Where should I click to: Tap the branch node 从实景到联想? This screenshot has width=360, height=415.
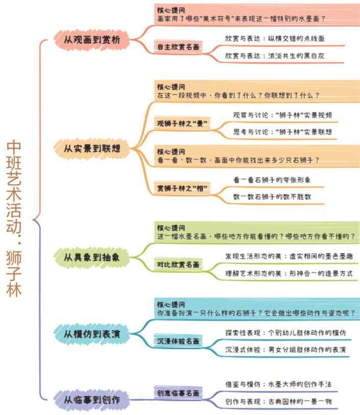click(92, 149)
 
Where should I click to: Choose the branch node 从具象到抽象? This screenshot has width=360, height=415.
click(92, 258)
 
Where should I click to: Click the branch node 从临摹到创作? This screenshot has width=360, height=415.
click(92, 399)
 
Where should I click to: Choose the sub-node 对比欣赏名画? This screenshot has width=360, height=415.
click(178, 265)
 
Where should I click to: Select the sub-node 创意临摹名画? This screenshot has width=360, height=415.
click(178, 393)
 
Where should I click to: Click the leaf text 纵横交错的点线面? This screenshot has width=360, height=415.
click(296, 38)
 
